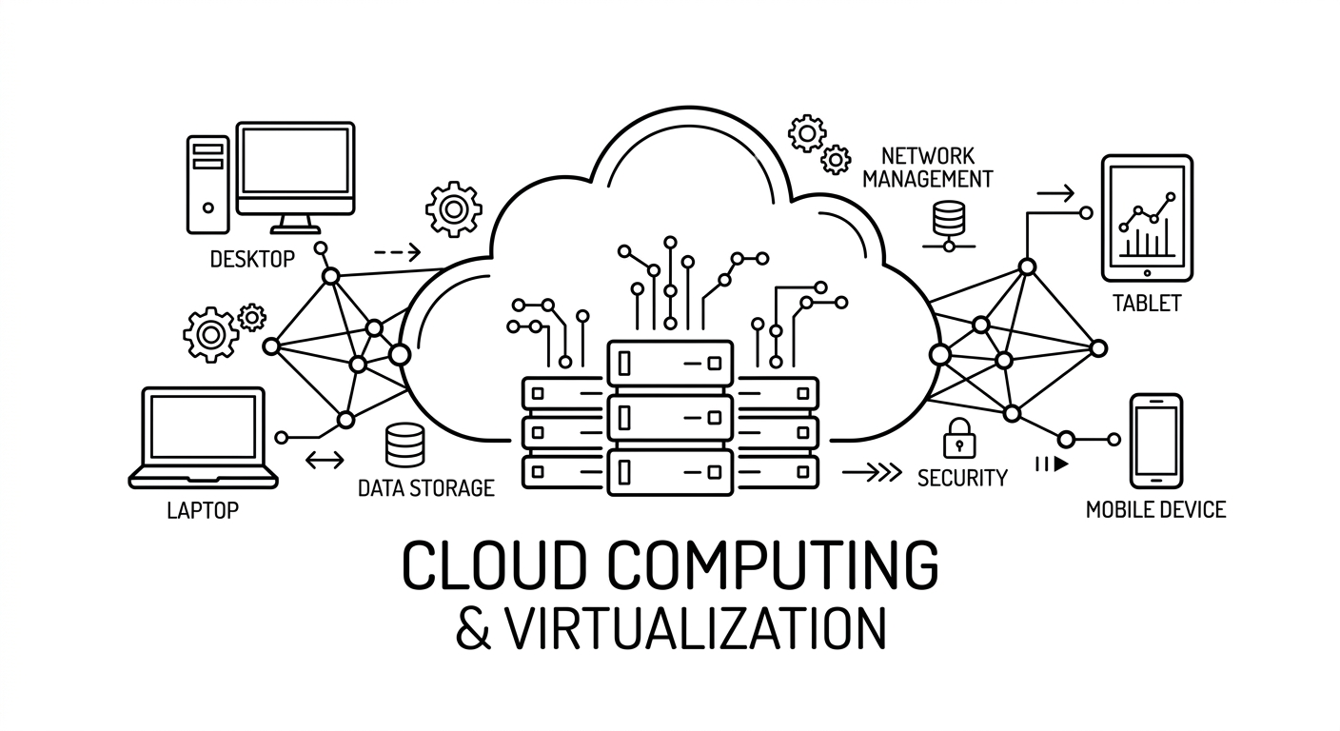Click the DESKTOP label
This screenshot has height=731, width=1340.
[x=251, y=258]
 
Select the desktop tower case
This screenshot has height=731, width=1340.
[x=207, y=183]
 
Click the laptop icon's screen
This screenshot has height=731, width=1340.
[x=203, y=425]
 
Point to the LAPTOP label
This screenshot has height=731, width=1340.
[x=202, y=510]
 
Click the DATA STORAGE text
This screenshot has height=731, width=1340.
[x=425, y=488]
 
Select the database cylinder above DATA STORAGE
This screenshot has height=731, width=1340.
[x=404, y=445]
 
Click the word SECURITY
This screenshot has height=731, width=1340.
[x=961, y=478]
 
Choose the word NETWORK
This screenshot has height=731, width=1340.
[x=928, y=155]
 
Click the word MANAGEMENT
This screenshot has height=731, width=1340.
[x=928, y=178]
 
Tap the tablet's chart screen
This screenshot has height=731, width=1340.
[x=1146, y=218]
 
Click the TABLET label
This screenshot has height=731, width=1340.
[x=1146, y=304]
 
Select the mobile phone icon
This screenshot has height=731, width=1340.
[x=1155, y=441]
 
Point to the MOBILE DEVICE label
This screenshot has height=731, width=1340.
[x=1155, y=510]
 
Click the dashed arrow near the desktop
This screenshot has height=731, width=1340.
[x=397, y=252]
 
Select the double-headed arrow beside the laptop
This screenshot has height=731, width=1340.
[x=325, y=460]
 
